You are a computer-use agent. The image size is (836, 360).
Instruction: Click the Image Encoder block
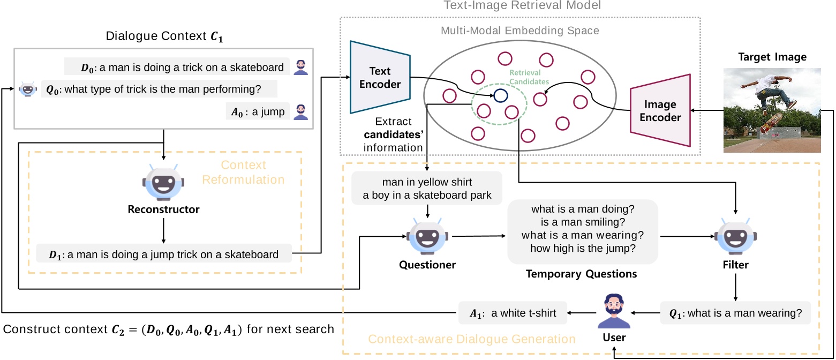tap(660, 110)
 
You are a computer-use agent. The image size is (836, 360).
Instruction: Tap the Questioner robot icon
tap(427, 236)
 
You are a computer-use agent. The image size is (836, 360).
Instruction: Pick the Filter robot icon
tap(735, 236)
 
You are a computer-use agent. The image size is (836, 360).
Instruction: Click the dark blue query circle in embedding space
tap(500, 95)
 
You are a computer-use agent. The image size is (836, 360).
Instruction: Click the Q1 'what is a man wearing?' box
tap(735, 313)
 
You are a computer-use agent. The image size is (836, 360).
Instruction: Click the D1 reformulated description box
tap(164, 254)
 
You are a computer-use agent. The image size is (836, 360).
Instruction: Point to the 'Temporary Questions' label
tap(582, 274)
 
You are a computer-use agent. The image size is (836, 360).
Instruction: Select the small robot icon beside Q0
tap(27, 89)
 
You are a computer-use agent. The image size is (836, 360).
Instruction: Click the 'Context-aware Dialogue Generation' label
tap(472, 339)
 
